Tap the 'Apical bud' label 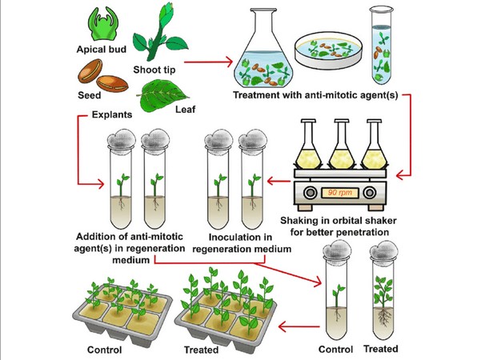[x=102, y=50]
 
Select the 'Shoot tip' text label [x=154, y=70]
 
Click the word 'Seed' [x=89, y=95]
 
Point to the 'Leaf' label [x=185, y=109]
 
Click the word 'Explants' [x=112, y=114]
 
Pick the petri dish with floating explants [x=329, y=50]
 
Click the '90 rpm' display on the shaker [x=340, y=193]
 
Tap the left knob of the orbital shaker [x=311, y=193]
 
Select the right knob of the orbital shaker [x=370, y=193]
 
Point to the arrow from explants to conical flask [x=208, y=62]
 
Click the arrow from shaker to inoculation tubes [x=279, y=182]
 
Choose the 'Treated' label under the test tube [x=381, y=349]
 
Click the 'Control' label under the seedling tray [x=104, y=350]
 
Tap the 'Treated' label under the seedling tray [x=201, y=350]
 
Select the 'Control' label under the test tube [x=335, y=350]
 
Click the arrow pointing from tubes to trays [x=299, y=327]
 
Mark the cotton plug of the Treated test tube [x=383, y=250]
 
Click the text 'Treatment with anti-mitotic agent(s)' [x=315, y=95]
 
